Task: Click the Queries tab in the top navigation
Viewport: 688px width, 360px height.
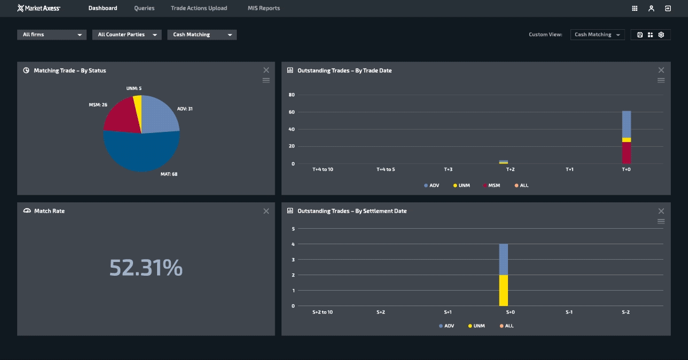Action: (x=144, y=8)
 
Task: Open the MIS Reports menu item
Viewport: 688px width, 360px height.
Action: (x=264, y=8)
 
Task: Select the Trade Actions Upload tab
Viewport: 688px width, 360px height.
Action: (x=199, y=8)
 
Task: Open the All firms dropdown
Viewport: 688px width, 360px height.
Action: (x=52, y=34)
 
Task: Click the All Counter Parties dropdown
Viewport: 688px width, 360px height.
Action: (x=127, y=34)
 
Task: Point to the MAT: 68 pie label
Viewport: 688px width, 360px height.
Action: (x=169, y=174)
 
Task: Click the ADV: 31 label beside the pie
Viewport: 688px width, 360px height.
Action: (x=185, y=109)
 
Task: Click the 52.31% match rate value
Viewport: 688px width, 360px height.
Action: (x=146, y=268)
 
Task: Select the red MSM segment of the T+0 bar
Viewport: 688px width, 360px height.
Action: (x=626, y=152)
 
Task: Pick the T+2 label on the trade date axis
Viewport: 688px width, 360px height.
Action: (x=510, y=170)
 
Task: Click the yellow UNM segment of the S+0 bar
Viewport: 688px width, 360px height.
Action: (x=503, y=290)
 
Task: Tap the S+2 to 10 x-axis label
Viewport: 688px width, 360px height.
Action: (x=322, y=312)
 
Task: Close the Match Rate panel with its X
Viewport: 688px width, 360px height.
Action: (x=266, y=211)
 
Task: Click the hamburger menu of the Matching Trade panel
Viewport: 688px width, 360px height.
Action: (x=266, y=80)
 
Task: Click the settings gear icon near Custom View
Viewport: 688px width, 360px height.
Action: (x=661, y=34)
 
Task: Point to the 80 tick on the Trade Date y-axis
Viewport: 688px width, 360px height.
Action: (x=291, y=95)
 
